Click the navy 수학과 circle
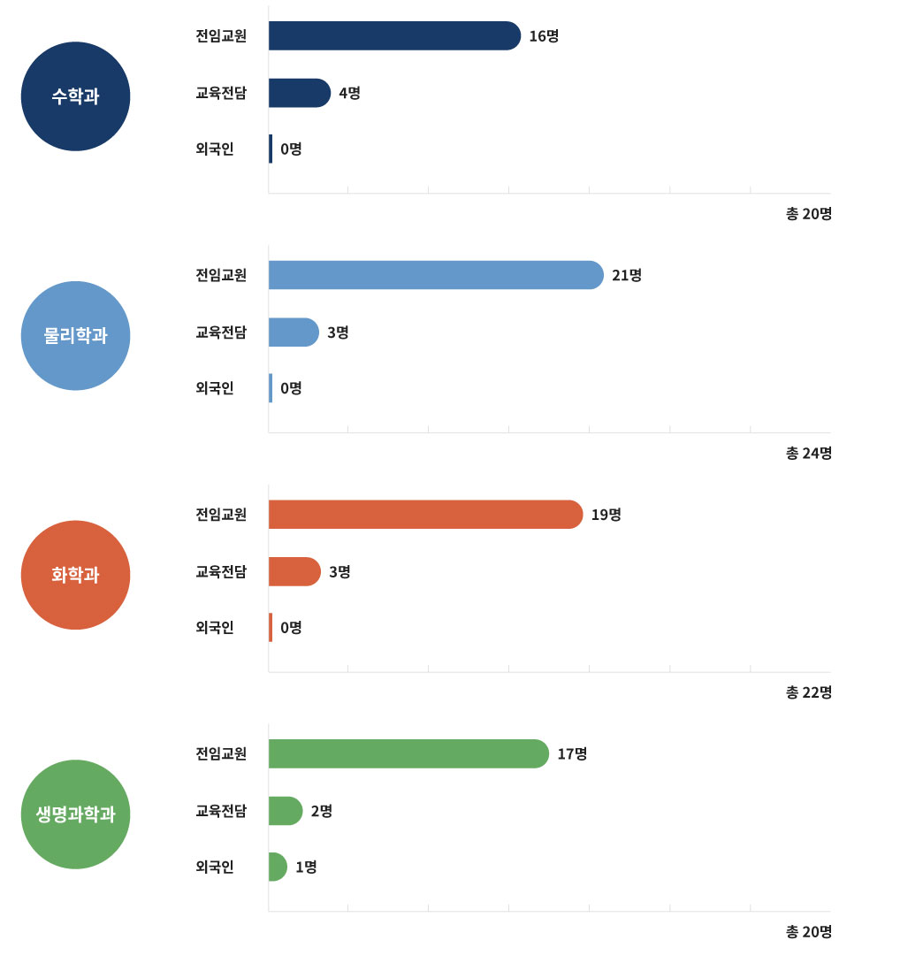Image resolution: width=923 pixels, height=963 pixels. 75,96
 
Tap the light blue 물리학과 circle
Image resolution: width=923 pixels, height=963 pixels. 75,336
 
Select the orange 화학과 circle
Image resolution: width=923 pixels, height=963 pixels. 75,575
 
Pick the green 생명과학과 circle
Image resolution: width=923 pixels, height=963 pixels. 75,814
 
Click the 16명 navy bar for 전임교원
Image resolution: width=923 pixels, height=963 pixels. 393,36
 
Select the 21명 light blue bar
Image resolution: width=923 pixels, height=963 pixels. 435,275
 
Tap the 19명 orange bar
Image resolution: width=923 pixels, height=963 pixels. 424,515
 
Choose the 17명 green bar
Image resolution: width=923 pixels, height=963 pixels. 408,753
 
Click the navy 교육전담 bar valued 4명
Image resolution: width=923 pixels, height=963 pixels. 299,93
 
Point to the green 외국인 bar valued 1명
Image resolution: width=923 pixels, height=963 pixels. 278,867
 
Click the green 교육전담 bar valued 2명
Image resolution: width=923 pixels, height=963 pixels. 285,811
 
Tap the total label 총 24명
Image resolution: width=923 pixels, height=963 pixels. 808,454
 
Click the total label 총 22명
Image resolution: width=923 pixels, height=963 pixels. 808,692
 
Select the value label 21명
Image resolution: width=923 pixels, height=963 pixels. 627,275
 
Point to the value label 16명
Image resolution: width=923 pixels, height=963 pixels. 544,36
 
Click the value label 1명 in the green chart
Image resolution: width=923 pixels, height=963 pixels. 306,867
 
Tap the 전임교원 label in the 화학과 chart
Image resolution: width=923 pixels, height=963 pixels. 221,515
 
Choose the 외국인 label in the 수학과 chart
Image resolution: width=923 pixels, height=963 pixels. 215,149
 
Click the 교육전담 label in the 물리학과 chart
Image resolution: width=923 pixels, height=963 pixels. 221,332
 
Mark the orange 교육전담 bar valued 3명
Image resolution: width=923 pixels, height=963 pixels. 294,571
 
